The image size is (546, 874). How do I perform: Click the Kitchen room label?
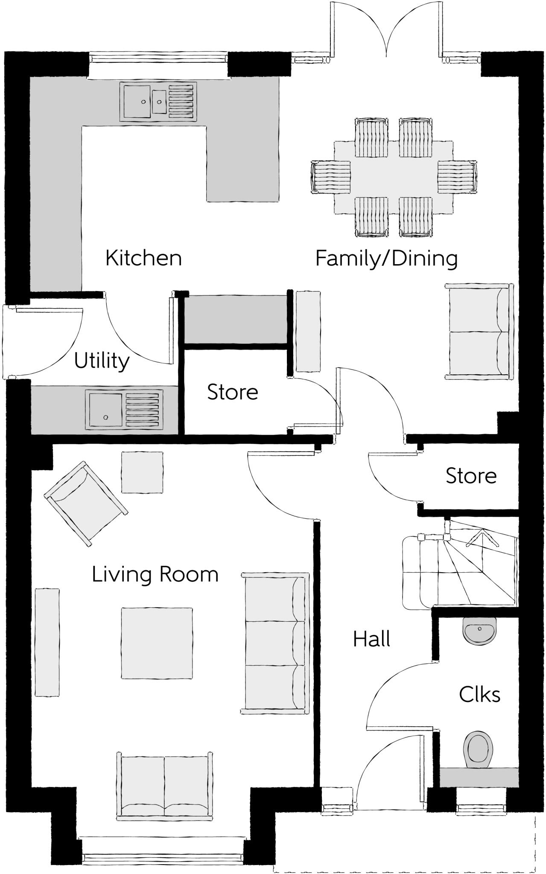[143, 258]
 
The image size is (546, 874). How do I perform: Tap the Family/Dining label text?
[386, 259]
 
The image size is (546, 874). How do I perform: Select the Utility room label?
[102, 361]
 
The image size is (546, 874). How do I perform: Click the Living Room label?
[155, 574]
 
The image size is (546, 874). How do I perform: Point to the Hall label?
[371, 639]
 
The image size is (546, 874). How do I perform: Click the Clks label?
[479, 695]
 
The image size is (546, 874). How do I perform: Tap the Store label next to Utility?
[233, 392]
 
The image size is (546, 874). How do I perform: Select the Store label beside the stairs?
[471, 476]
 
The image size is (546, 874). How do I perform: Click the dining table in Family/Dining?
[393, 177]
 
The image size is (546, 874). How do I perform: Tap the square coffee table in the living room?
[156, 643]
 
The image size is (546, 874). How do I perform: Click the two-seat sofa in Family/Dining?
[478, 332]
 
